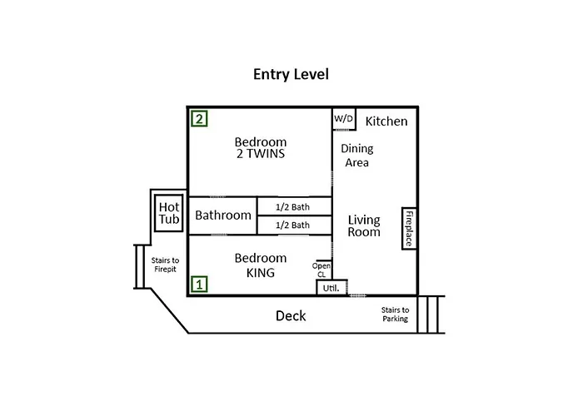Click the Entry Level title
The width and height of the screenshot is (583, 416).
point(291,74)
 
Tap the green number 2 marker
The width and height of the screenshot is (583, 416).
point(198,118)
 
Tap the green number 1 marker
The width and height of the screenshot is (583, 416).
point(198,284)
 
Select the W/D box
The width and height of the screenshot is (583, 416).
point(344,119)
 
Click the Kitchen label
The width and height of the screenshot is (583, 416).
point(386,121)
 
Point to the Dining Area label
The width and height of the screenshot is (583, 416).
point(356,156)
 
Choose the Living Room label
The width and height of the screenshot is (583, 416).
point(364,225)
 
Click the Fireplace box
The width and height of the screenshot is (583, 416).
point(409,228)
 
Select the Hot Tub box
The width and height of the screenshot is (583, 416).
point(169,213)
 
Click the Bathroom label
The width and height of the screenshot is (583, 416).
point(223,215)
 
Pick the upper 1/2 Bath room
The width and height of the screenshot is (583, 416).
point(293,206)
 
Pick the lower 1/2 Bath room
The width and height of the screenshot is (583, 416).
point(293,225)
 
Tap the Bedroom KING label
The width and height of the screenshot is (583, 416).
point(260,265)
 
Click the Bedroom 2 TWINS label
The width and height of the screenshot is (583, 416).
point(260,148)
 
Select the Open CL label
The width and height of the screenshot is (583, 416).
point(321,270)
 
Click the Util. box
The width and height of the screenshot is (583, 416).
point(331,287)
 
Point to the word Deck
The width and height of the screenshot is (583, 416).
point(291,316)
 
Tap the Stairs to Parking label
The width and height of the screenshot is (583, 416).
point(395,314)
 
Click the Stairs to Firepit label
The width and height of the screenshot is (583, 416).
point(165,265)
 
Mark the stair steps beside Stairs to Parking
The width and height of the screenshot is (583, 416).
point(431,314)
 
